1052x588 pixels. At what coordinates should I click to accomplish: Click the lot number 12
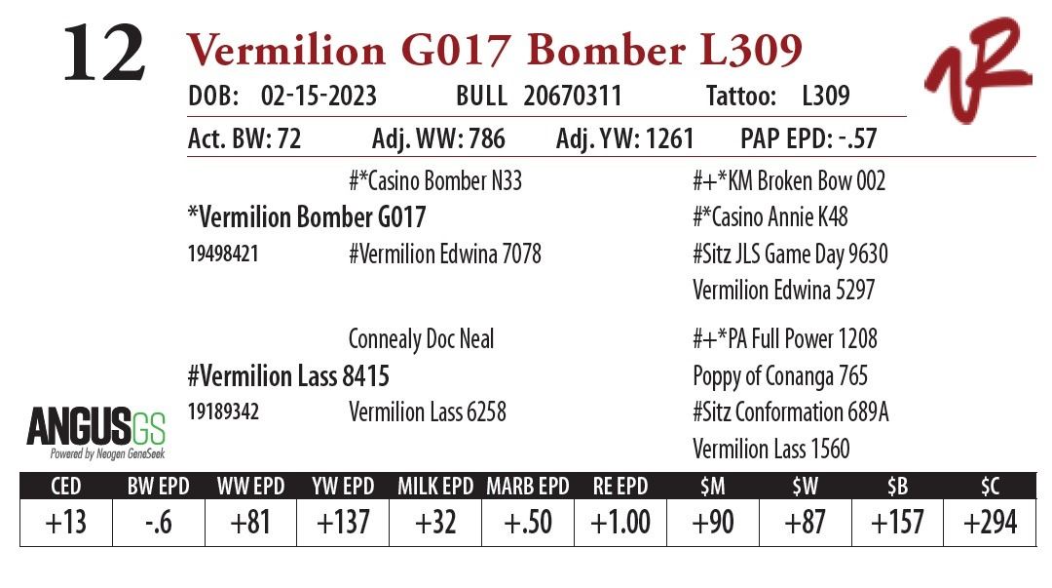coord(104,55)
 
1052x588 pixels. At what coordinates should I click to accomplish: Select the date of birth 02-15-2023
coord(319,97)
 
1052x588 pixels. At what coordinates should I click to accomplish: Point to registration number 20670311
coord(573,97)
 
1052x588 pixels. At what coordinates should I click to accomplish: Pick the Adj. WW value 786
coord(484,139)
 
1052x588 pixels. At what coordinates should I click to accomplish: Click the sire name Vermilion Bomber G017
coord(307,216)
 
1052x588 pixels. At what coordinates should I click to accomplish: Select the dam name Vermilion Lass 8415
coord(288,375)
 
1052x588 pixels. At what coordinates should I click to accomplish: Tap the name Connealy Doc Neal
coord(421,339)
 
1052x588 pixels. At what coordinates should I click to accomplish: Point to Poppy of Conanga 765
coord(780,376)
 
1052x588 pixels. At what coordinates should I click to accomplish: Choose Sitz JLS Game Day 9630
coord(790,255)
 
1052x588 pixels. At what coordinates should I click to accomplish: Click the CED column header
coord(65,486)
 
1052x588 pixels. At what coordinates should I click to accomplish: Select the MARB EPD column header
coord(527,486)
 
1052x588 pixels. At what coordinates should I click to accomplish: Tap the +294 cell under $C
coord(991,523)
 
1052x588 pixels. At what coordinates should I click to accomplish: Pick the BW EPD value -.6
coord(158,523)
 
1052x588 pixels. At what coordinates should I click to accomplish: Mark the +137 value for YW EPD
coord(343,523)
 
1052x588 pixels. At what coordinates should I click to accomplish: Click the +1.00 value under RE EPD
coord(620,523)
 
